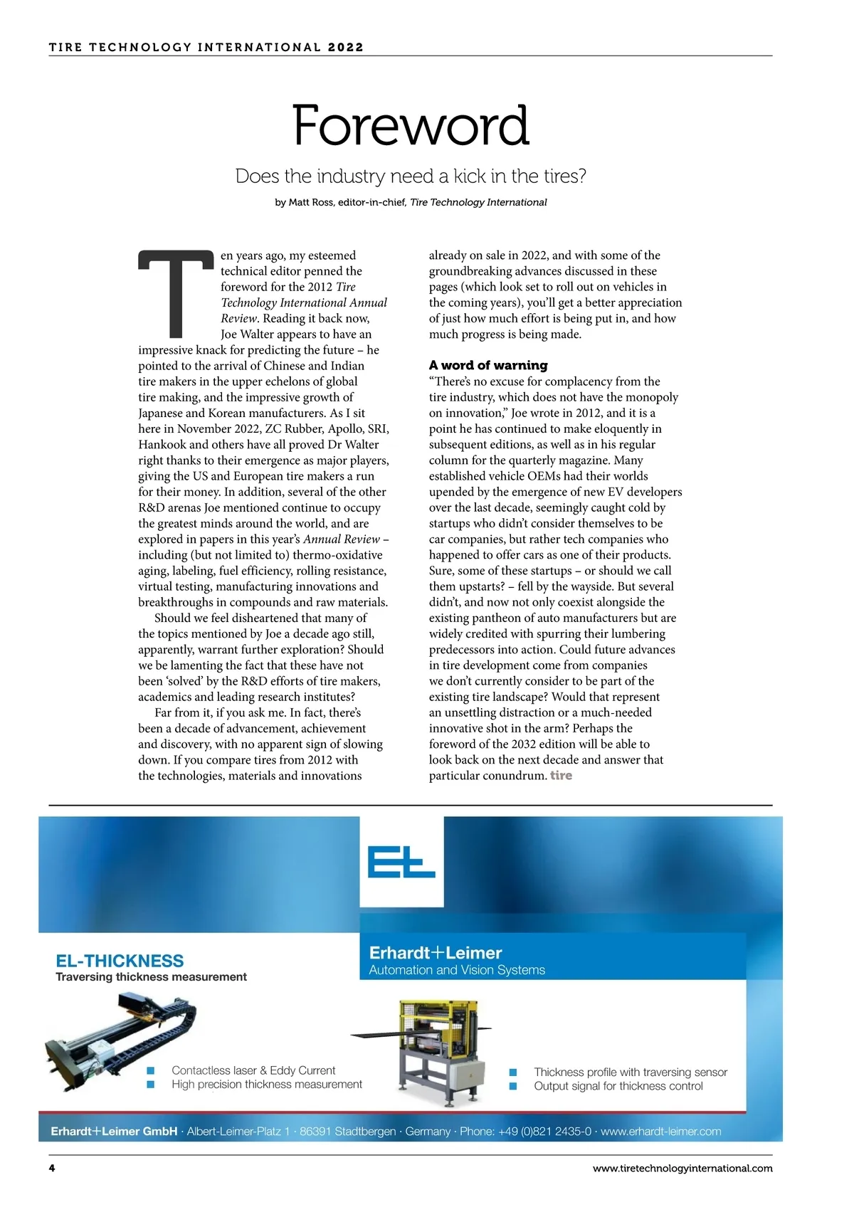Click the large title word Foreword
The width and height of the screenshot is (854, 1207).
[x=411, y=125]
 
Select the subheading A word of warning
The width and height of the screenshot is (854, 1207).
[x=488, y=365]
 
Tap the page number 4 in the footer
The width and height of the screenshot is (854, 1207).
[x=52, y=1168]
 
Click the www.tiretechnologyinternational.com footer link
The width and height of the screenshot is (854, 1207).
[x=682, y=1168]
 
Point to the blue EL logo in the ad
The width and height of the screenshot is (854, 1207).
[x=401, y=861]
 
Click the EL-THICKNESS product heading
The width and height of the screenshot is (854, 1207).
[x=120, y=960]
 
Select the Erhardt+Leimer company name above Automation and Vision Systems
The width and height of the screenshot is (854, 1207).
[x=436, y=952]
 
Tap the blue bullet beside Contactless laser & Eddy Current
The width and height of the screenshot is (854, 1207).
[x=150, y=1070]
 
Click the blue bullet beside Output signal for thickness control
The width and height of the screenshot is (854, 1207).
[x=513, y=1086]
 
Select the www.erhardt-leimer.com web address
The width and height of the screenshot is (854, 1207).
[x=660, y=1131]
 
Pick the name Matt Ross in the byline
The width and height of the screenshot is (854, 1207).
[x=311, y=202]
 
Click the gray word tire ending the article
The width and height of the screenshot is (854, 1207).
[x=561, y=775]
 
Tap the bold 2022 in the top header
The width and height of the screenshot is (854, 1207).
[x=346, y=47]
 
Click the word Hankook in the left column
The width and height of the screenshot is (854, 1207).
[x=163, y=444]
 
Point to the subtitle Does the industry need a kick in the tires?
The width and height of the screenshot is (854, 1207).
[x=411, y=176]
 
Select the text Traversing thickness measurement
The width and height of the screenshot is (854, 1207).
[x=151, y=976]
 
